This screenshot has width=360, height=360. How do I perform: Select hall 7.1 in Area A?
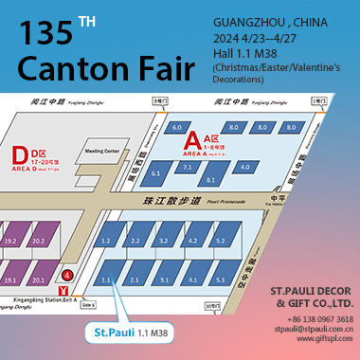click(x=187, y=167)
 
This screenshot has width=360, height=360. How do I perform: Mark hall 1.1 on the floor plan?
click(x=107, y=279)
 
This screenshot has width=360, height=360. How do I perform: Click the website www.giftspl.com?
click(x=324, y=340)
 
